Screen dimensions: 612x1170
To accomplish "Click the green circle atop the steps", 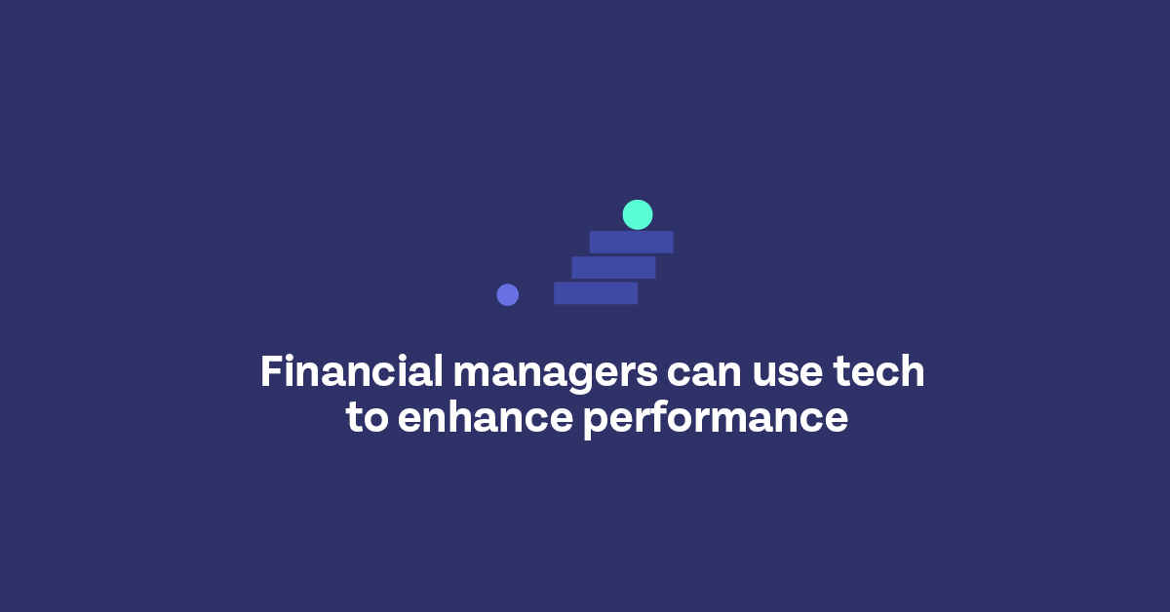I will [x=638, y=214].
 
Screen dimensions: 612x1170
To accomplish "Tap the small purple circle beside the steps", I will [x=507, y=294].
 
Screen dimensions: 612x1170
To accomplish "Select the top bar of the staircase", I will [x=631, y=242].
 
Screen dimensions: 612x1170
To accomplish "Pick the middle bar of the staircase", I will [x=613, y=267].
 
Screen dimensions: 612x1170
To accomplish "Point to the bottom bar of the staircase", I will [x=596, y=292].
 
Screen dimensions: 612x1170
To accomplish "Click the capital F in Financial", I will [x=271, y=372].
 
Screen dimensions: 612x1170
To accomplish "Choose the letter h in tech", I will [x=913, y=372].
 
